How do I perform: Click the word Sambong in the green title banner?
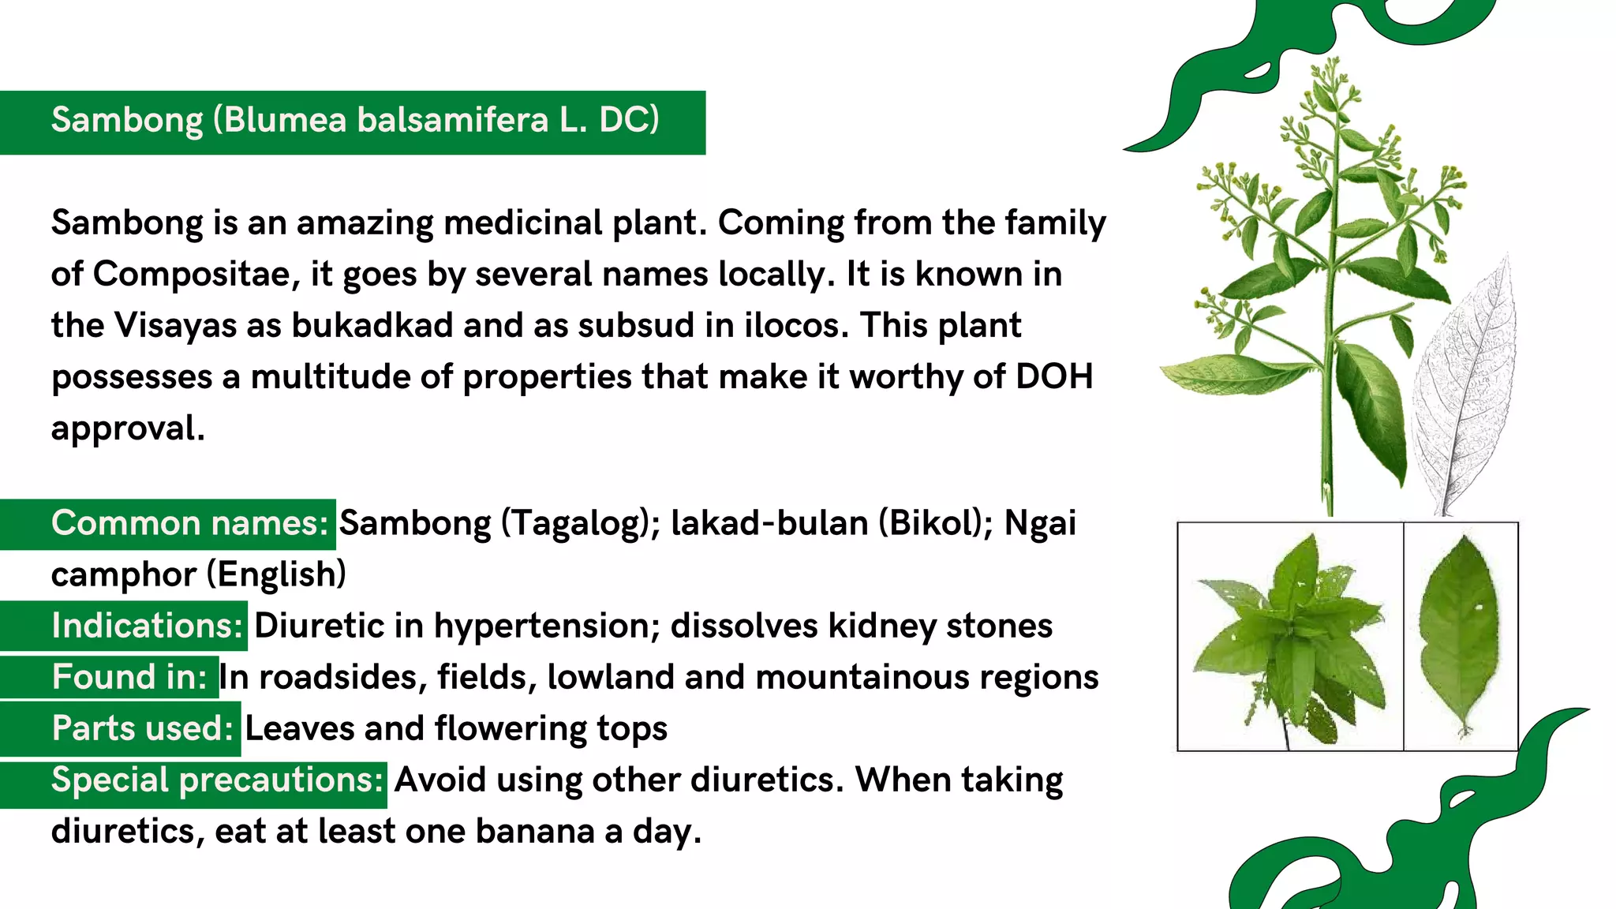point(127,121)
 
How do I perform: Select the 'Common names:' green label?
point(189,524)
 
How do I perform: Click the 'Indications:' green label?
point(147,627)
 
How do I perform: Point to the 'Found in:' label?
point(129,678)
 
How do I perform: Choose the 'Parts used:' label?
point(142,729)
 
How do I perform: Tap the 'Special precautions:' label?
point(217,780)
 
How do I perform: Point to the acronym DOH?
point(1054,377)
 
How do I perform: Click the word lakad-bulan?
point(769,524)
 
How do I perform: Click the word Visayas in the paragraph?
point(175,326)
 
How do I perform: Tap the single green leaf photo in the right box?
point(1460,631)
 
